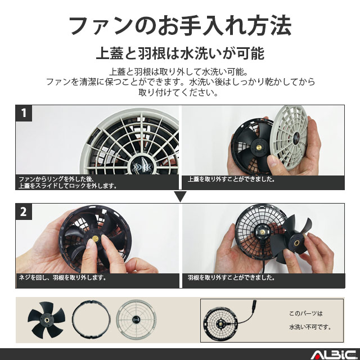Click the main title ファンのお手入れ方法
point(179,26)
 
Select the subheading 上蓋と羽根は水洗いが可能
point(179,54)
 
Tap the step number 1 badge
point(24,113)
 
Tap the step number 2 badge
point(24,213)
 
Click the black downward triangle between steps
point(180,196)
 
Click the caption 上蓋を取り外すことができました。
point(231,179)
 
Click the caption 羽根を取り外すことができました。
point(231,278)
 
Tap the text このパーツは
point(306,313)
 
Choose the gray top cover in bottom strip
point(137,320)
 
